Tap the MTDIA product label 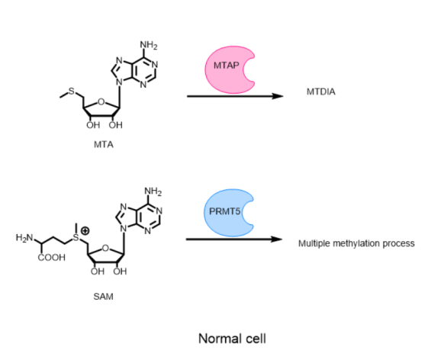[x=321, y=92]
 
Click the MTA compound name [x=104, y=145]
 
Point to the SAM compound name [x=103, y=297]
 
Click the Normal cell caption [x=232, y=339]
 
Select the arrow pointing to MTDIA [x=235, y=96]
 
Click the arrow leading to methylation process [x=234, y=239]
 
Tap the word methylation [x=356, y=243]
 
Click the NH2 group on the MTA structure [x=149, y=45]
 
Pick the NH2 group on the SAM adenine [x=153, y=191]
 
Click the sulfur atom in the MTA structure [x=72, y=91]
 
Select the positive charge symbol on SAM [x=85, y=230]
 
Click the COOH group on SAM [x=52, y=258]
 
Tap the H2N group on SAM [x=24, y=237]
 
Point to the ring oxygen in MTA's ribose [x=101, y=102]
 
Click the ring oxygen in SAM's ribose [x=105, y=248]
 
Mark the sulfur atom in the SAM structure [x=76, y=237]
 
